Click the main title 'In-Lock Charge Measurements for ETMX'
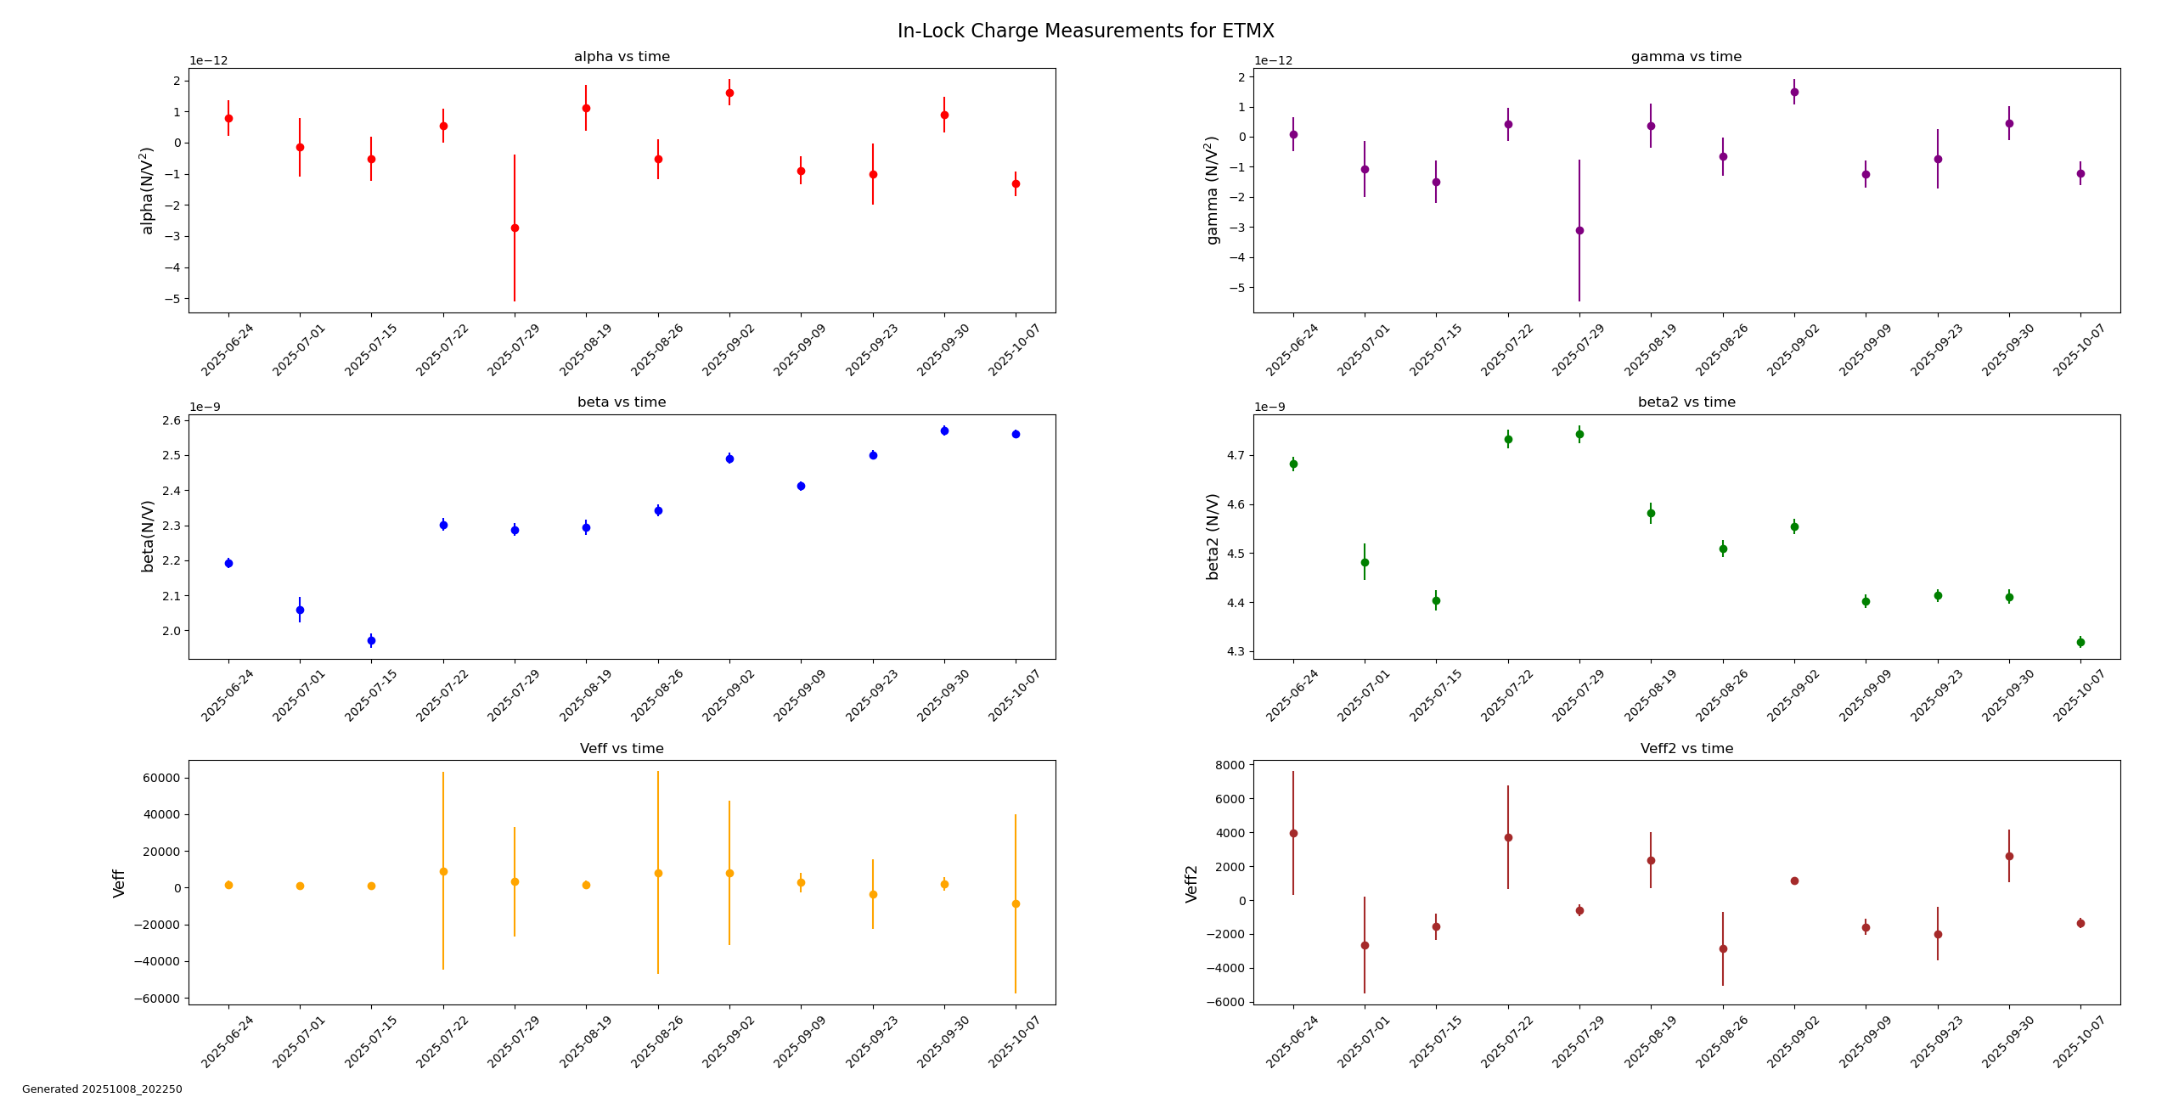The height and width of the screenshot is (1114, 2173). [1085, 31]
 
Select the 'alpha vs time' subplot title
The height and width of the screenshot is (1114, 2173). [622, 57]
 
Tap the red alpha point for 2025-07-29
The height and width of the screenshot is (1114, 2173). [515, 228]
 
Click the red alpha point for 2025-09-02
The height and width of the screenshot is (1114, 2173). [729, 93]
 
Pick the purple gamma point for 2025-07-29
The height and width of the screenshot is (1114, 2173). [1579, 230]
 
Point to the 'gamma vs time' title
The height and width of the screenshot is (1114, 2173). [1686, 57]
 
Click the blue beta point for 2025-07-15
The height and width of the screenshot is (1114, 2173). [371, 640]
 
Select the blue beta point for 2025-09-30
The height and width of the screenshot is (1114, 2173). [944, 430]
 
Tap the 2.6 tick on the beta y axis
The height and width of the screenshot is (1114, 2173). [172, 421]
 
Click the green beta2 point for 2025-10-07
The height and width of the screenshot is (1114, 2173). [2080, 642]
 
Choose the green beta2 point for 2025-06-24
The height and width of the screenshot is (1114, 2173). [1293, 464]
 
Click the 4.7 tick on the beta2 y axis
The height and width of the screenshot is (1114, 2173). [1236, 456]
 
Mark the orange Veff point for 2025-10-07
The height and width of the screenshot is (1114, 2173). [1016, 903]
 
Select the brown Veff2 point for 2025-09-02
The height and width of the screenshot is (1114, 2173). [1794, 881]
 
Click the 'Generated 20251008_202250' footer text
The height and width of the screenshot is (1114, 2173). [102, 1089]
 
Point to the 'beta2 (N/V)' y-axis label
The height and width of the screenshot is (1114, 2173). [1213, 537]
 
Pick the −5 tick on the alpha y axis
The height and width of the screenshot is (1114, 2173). [177, 299]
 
